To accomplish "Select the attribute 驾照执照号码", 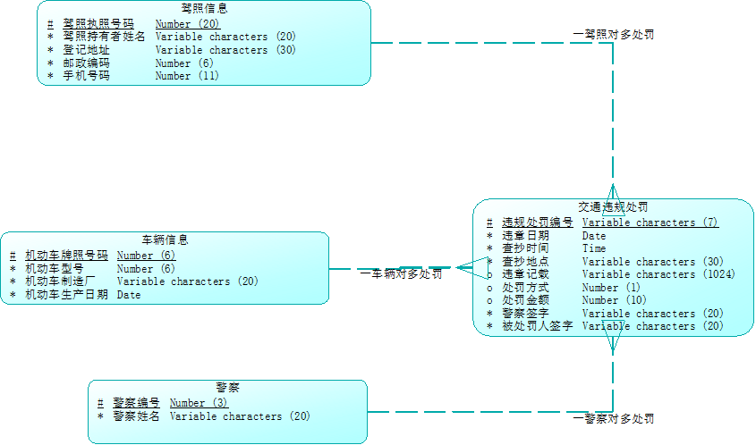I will click(x=98, y=24).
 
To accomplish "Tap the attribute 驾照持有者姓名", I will click(x=104, y=37).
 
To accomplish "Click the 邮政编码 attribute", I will click(x=86, y=63).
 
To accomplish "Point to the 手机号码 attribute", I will click(x=86, y=76).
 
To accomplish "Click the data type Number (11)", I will click(x=186, y=76).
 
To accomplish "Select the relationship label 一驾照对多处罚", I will click(x=613, y=34).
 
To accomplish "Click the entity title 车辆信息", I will click(x=165, y=239).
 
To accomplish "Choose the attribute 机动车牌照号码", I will click(x=66, y=256).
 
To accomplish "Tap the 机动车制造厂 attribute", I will click(x=61, y=281).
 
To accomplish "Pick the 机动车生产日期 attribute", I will click(x=66, y=294).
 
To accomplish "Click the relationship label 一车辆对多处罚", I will click(x=401, y=274).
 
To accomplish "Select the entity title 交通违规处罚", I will click(x=613, y=206).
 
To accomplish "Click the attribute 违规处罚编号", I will click(x=537, y=222).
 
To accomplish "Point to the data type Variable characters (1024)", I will click(x=658, y=274).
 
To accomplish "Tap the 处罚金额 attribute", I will click(x=525, y=300).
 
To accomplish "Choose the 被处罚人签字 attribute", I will click(x=537, y=326).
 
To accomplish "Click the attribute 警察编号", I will click(x=136, y=403).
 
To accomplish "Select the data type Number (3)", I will click(x=199, y=403).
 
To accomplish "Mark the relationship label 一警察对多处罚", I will click(x=613, y=418).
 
